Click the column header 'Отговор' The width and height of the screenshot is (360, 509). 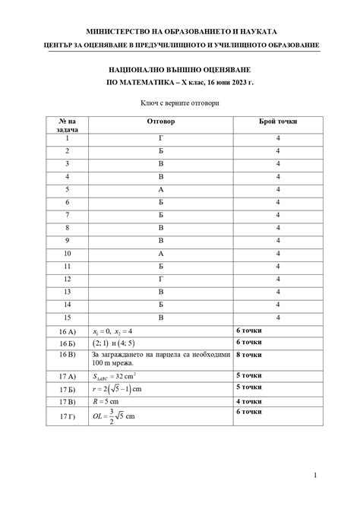(160, 122)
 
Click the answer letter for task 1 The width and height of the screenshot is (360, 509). (160, 138)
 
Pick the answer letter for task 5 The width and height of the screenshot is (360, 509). (160, 189)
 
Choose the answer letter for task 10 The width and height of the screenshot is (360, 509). (160, 253)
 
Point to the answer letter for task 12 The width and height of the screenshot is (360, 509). (160, 278)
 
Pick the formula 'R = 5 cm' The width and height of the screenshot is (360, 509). (108, 402)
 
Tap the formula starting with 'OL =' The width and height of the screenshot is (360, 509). (113, 417)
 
